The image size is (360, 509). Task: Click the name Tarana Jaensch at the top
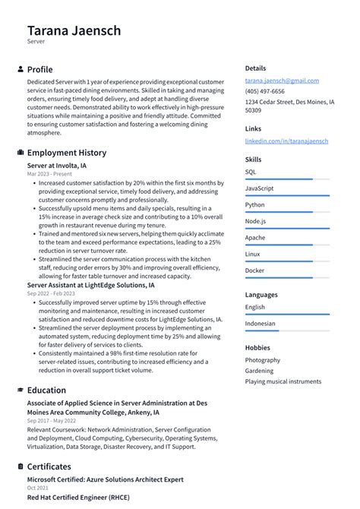tap(74, 31)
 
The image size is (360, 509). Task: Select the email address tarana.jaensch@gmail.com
tap(282, 81)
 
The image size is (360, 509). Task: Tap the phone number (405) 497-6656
tap(265, 91)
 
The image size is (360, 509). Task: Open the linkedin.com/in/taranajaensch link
tap(286, 141)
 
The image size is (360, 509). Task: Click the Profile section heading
tap(39, 69)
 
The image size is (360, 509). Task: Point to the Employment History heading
tap(67, 153)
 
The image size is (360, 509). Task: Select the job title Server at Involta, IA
tap(57, 165)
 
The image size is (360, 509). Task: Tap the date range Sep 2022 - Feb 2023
tap(51, 293)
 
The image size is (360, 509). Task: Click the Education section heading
tap(46, 390)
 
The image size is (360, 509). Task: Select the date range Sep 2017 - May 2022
tap(52, 421)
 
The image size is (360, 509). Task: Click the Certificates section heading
tap(49, 466)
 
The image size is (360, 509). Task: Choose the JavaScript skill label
tap(260, 188)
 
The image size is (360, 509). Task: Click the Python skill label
tap(255, 205)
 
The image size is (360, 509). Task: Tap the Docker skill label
tap(255, 270)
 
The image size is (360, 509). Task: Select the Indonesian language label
tap(261, 324)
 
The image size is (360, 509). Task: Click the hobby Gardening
tap(260, 371)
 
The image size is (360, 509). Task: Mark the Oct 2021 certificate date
tap(38, 488)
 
